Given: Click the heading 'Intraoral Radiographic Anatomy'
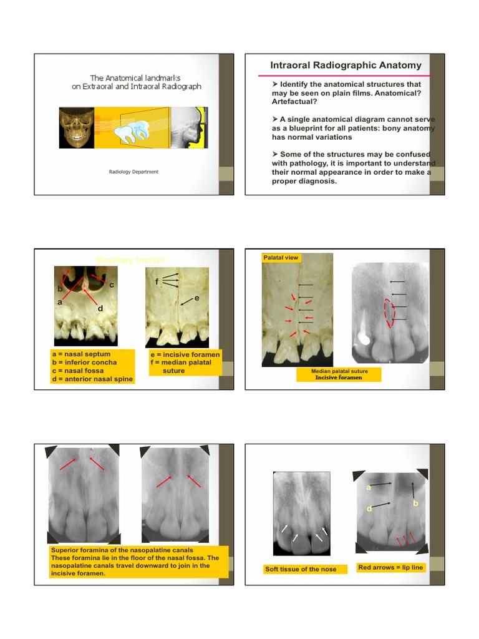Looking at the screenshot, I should pos(346,66).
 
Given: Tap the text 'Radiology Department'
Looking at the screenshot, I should pos(133,172).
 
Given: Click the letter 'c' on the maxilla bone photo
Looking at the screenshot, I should pos(112,285).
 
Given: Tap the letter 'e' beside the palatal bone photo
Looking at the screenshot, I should pos(196,298).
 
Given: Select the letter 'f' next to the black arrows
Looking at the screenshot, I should pos(158,281).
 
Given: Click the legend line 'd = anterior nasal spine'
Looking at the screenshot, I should pos(92,379).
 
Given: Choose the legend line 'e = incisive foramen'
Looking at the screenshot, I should pos(185,354).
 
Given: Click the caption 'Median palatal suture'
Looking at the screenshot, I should pos(339,371).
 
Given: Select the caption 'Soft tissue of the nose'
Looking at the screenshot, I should pos(301,569).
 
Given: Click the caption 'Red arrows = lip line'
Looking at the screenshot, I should pos(390,567).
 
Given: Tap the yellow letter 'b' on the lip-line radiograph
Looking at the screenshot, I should pos(414,503).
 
